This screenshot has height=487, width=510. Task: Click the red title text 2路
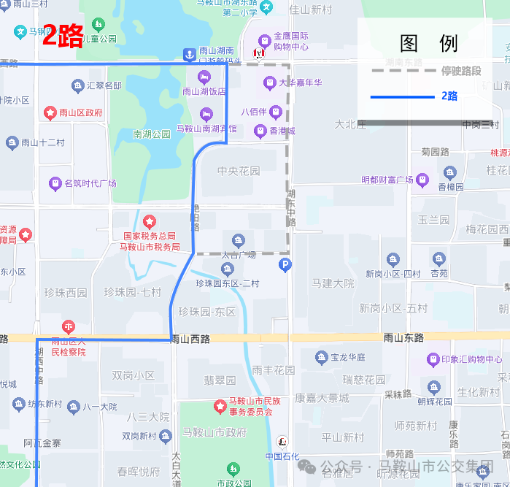tap(63, 35)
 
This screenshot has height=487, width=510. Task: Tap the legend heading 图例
tap(429, 43)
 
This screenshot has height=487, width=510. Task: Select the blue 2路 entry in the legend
tap(449, 96)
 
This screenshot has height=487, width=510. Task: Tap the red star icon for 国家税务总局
tap(150, 221)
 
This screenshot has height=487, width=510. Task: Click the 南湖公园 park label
tap(152, 134)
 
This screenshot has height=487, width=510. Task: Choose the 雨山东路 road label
tap(403, 337)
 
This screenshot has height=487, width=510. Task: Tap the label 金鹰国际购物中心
tap(290, 42)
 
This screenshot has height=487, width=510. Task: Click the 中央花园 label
tap(239, 171)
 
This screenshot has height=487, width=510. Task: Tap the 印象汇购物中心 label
tap(471, 358)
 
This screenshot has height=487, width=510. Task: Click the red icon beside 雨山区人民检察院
tap(69, 326)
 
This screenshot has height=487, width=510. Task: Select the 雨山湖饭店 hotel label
tap(204, 91)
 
